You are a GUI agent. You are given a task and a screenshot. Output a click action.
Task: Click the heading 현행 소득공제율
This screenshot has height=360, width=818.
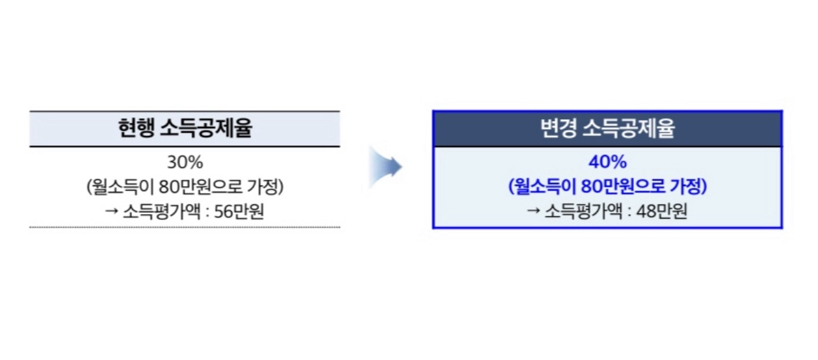[x=185, y=129]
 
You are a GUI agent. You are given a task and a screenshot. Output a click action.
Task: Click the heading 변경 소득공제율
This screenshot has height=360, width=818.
[x=607, y=129]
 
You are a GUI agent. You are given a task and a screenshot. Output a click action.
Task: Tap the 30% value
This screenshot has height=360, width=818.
[x=185, y=163]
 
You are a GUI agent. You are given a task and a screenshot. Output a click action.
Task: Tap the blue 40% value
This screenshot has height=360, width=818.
[x=607, y=162]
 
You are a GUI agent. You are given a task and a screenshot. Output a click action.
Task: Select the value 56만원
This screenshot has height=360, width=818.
[x=239, y=212]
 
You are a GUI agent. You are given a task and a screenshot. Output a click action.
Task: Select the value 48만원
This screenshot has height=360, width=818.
[x=662, y=212]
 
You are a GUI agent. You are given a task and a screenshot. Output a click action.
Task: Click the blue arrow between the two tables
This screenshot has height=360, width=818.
[x=386, y=168]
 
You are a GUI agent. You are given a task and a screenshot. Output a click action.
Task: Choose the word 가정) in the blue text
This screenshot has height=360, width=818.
[x=690, y=187]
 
